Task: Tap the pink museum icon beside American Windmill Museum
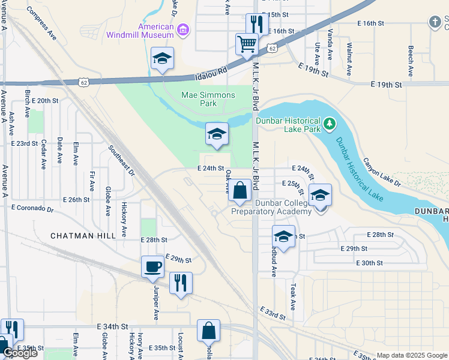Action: coord(184,28)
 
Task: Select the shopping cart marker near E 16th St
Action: coord(247,44)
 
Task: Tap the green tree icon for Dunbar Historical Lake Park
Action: coord(328,124)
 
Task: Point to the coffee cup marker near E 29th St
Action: coord(152,266)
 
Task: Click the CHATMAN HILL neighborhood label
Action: coord(82,236)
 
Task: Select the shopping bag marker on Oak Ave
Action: coord(240,190)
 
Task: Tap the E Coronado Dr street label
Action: coord(32,208)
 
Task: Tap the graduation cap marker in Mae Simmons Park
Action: coord(217,134)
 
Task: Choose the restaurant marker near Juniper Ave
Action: coord(181,282)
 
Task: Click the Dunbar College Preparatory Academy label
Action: coord(271,207)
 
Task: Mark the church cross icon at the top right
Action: coord(435,22)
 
